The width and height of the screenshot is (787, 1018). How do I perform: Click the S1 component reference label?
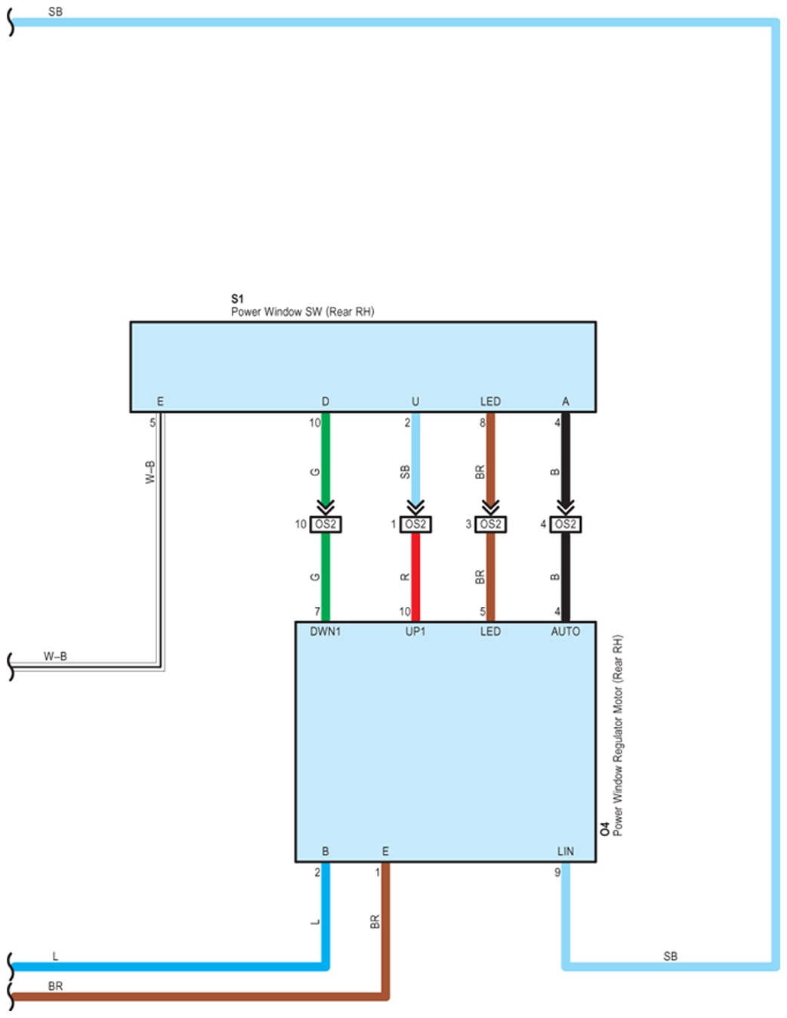pyautogui.click(x=237, y=299)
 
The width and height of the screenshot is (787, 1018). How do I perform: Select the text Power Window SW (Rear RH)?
pyautogui.click(x=302, y=311)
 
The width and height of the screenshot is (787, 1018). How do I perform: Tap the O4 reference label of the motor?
pyautogui.click(x=605, y=829)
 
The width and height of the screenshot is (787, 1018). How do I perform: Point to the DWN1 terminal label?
pyautogui.click(x=326, y=632)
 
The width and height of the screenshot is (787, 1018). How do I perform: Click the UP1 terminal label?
pyautogui.click(x=415, y=632)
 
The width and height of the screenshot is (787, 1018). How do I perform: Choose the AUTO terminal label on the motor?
pyautogui.click(x=566, y=632)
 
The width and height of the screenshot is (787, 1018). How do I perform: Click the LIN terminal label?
pyautogui.click(x=566, y=851)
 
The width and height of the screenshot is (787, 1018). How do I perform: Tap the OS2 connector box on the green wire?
pyautogui.click(x=326, y=524)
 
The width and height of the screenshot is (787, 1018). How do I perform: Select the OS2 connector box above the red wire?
pyautogui.click(x=415, y=524)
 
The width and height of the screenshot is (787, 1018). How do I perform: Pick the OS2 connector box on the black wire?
pyautogui.click(x=566, y=524)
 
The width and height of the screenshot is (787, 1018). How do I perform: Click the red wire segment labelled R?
pyautogui.click(x=415, y=577)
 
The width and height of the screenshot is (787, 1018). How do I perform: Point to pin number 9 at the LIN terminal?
pyautogui.click(x=557, y=872)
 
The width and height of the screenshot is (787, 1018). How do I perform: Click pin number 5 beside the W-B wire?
pyautogui.click(x=153, y=422)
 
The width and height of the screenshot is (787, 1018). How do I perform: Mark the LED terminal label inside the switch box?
pyautogui.click(x=491, y=401)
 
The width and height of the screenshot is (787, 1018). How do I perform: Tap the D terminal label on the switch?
pyautogui.click(x=326, y=401)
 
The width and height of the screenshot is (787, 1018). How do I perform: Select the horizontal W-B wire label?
pyautogui.click(x=55, y=656)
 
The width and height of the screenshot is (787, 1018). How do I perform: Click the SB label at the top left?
pyautogui.click(x=55, y=11)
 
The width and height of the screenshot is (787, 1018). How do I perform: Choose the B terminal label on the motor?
pyautogui.click(x=326, y=851)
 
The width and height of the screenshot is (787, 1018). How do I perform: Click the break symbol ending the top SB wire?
pyautogui.click(x=11, y=23)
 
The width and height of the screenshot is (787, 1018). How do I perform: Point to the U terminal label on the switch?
pyautogui.click(x=415, y=401)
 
